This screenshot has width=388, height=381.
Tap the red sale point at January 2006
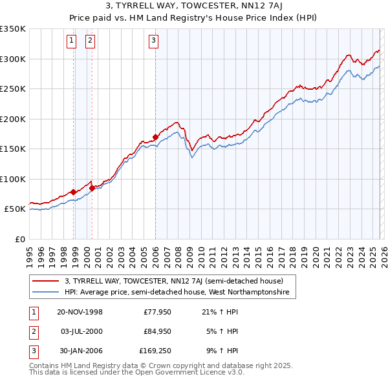pos(156,137)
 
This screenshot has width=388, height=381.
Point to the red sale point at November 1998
pos(74,192)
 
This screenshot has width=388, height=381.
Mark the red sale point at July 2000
pos(92,188)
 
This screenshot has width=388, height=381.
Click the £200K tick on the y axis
pos(12,119)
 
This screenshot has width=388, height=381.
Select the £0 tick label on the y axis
pos(20,239)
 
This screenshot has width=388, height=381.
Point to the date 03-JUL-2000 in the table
pos(80,332)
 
